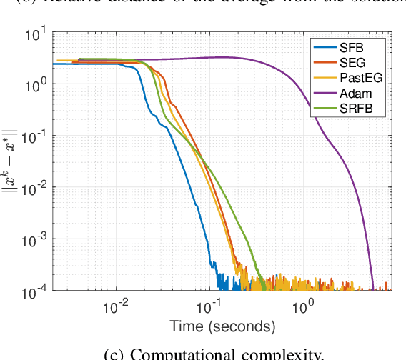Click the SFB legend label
coord(351,48)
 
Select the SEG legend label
coord(352,64)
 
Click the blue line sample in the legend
coord(323,48)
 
